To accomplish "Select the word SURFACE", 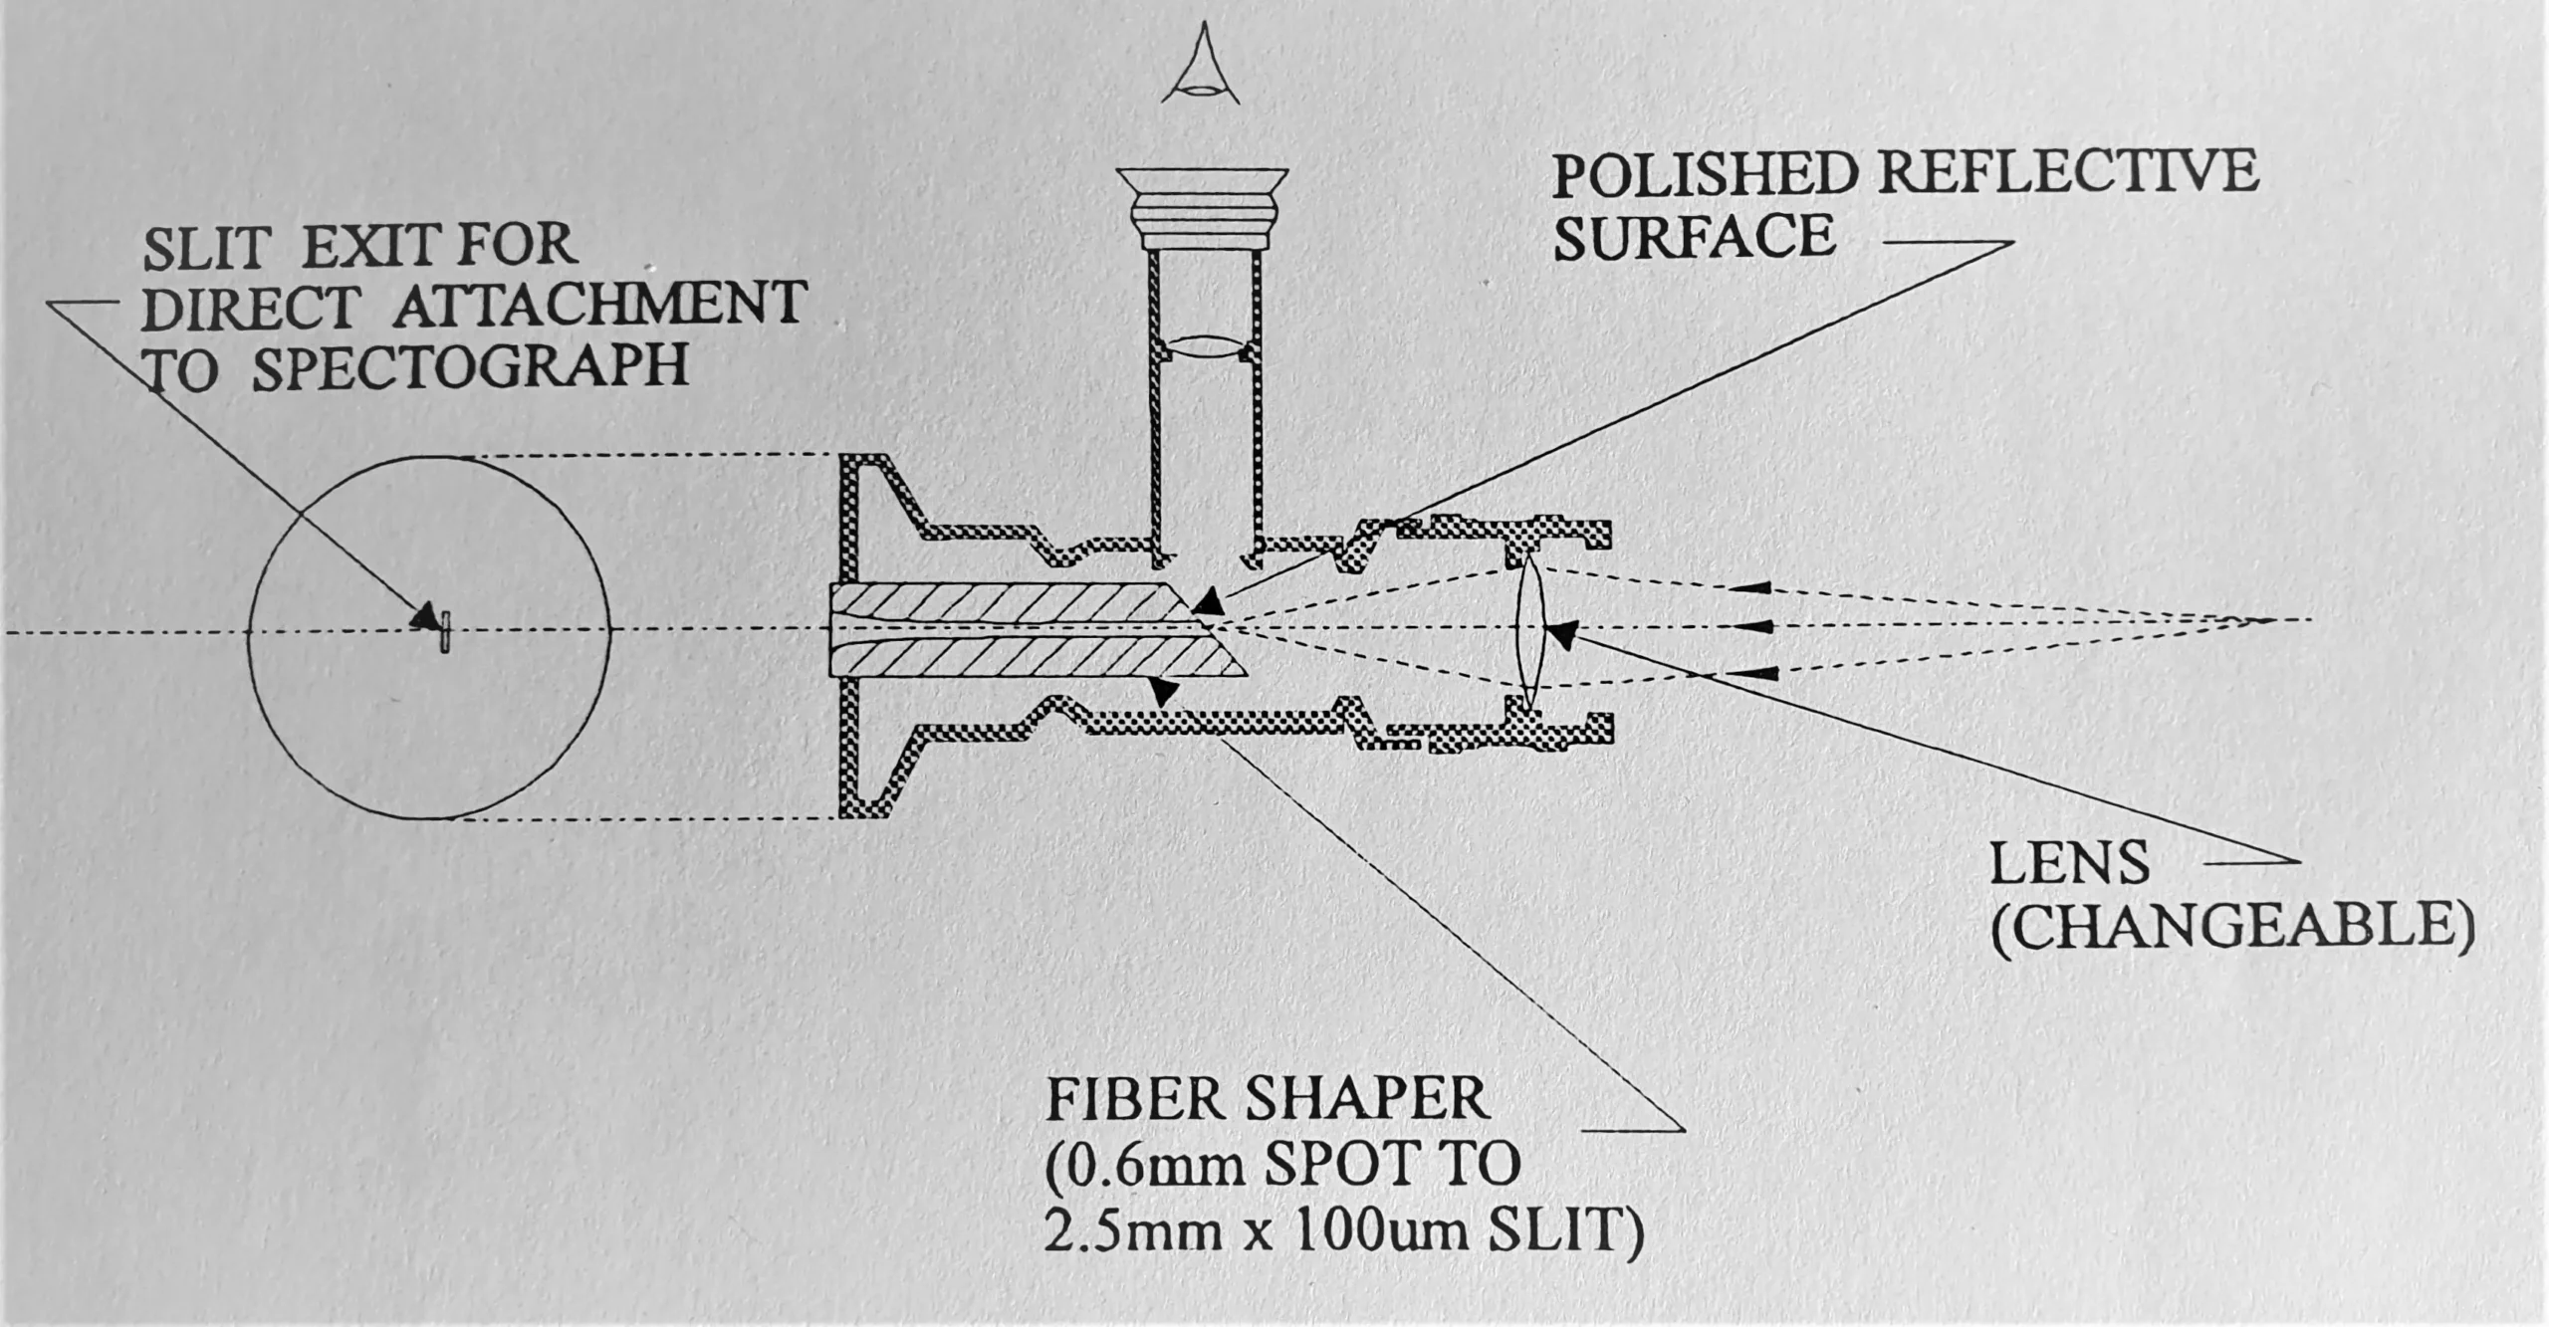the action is [1695, 237].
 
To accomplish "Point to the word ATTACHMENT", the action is [599, 305].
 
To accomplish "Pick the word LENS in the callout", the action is [2070, 864].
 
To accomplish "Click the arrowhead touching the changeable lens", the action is [1563, 634].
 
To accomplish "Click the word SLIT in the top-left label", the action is [206, 246].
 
